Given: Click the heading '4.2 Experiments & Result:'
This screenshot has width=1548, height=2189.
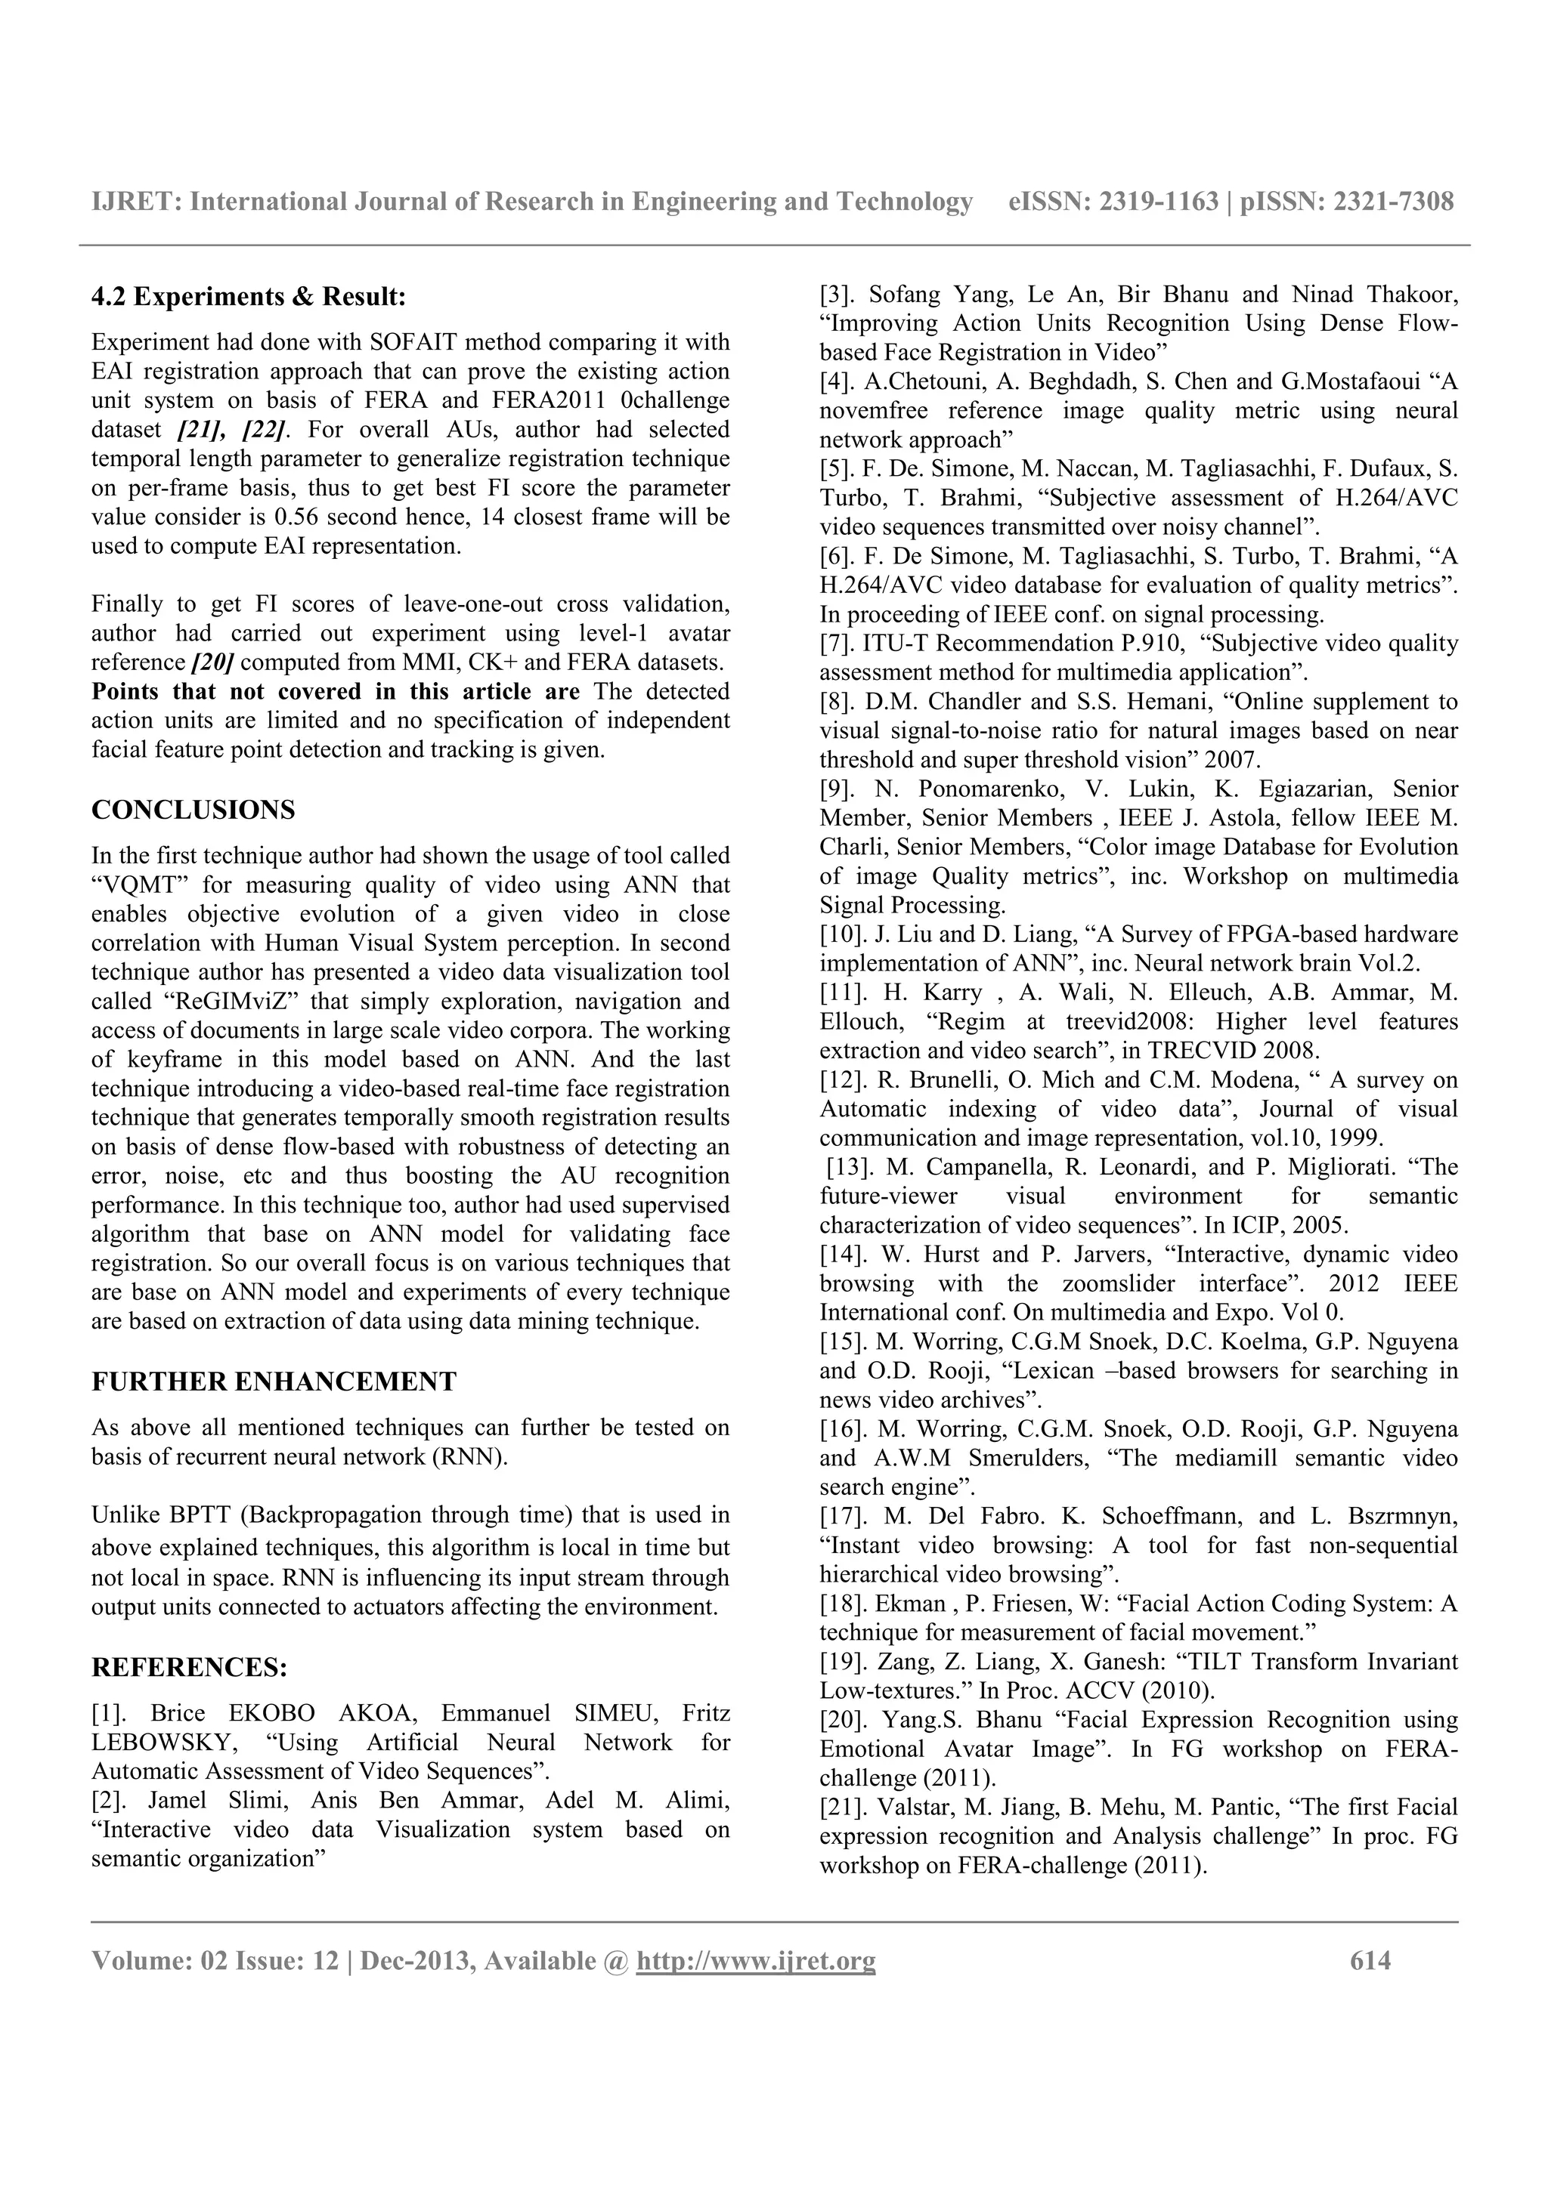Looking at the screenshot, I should (x=248, y=298).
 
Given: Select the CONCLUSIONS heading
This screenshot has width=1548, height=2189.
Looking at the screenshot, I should (x=193, y=810).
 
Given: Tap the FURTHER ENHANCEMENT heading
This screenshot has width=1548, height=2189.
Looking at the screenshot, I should (x=274, y=1382).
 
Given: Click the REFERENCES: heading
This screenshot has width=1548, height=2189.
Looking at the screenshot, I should (x=189, y=1668).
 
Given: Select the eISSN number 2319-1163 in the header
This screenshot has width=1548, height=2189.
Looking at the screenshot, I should (x=1159, y=202).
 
